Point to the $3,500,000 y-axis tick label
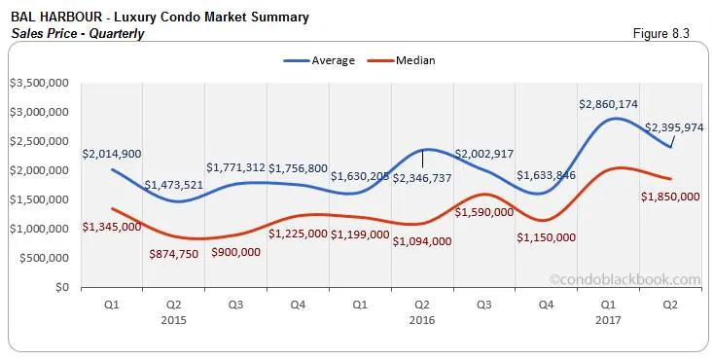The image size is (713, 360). [x=38, y=83]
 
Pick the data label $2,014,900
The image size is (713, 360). [x=112, y=154]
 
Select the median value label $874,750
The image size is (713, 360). [x=180, y=252]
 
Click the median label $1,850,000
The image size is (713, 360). [x=670, y=196]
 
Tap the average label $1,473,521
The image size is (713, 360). [x=174, y=184]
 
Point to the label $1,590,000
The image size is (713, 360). [x=484, y=211]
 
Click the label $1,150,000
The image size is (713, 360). [x=546, y=237]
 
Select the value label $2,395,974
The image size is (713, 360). [x=672, y=126]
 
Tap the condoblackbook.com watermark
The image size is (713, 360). [x=624, y=279]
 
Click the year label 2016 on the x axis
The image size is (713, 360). [x=422, y=318]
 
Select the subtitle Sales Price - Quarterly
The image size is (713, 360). [x=78, y=33]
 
